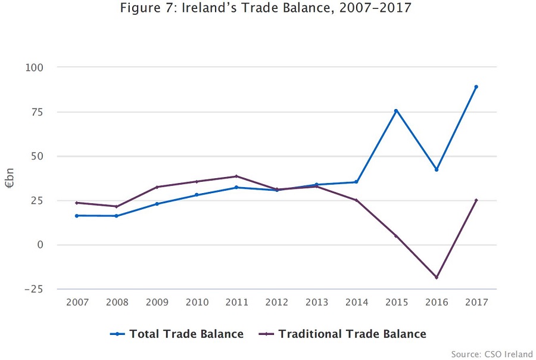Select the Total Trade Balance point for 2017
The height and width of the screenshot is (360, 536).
click(x=476, y=87)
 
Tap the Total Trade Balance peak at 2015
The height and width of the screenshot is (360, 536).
click(x=396, y=111)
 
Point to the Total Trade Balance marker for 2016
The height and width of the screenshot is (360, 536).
click(x=436, y=170)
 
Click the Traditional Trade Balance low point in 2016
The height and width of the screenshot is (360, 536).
click(x=436, y=278)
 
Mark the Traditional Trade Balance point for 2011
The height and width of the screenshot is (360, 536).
click(x=236, y=176)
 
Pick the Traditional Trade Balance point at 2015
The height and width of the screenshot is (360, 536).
click(x=396, y=236)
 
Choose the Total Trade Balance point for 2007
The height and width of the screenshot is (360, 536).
click(x=77, y=216)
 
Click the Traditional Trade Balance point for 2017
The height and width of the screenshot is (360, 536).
click(x=476, y=200)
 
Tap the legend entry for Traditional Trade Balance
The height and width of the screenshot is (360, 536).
click(x=344, y=334)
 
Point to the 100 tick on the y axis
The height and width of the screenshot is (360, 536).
click(x=35, y=67)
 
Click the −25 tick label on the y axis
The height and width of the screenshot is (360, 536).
click(x=34, y=289)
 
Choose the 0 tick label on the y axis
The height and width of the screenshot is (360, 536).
click(x=40, y=245)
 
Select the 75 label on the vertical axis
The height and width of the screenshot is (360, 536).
click(x=37, y=112)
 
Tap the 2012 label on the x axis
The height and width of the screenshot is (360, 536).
click(x=276, y=302)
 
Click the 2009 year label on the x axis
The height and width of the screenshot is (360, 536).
click(x=157, y=302)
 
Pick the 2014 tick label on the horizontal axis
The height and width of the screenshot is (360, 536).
click(x=356, y=302)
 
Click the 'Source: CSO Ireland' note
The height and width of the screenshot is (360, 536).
click(x=493, y=354)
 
